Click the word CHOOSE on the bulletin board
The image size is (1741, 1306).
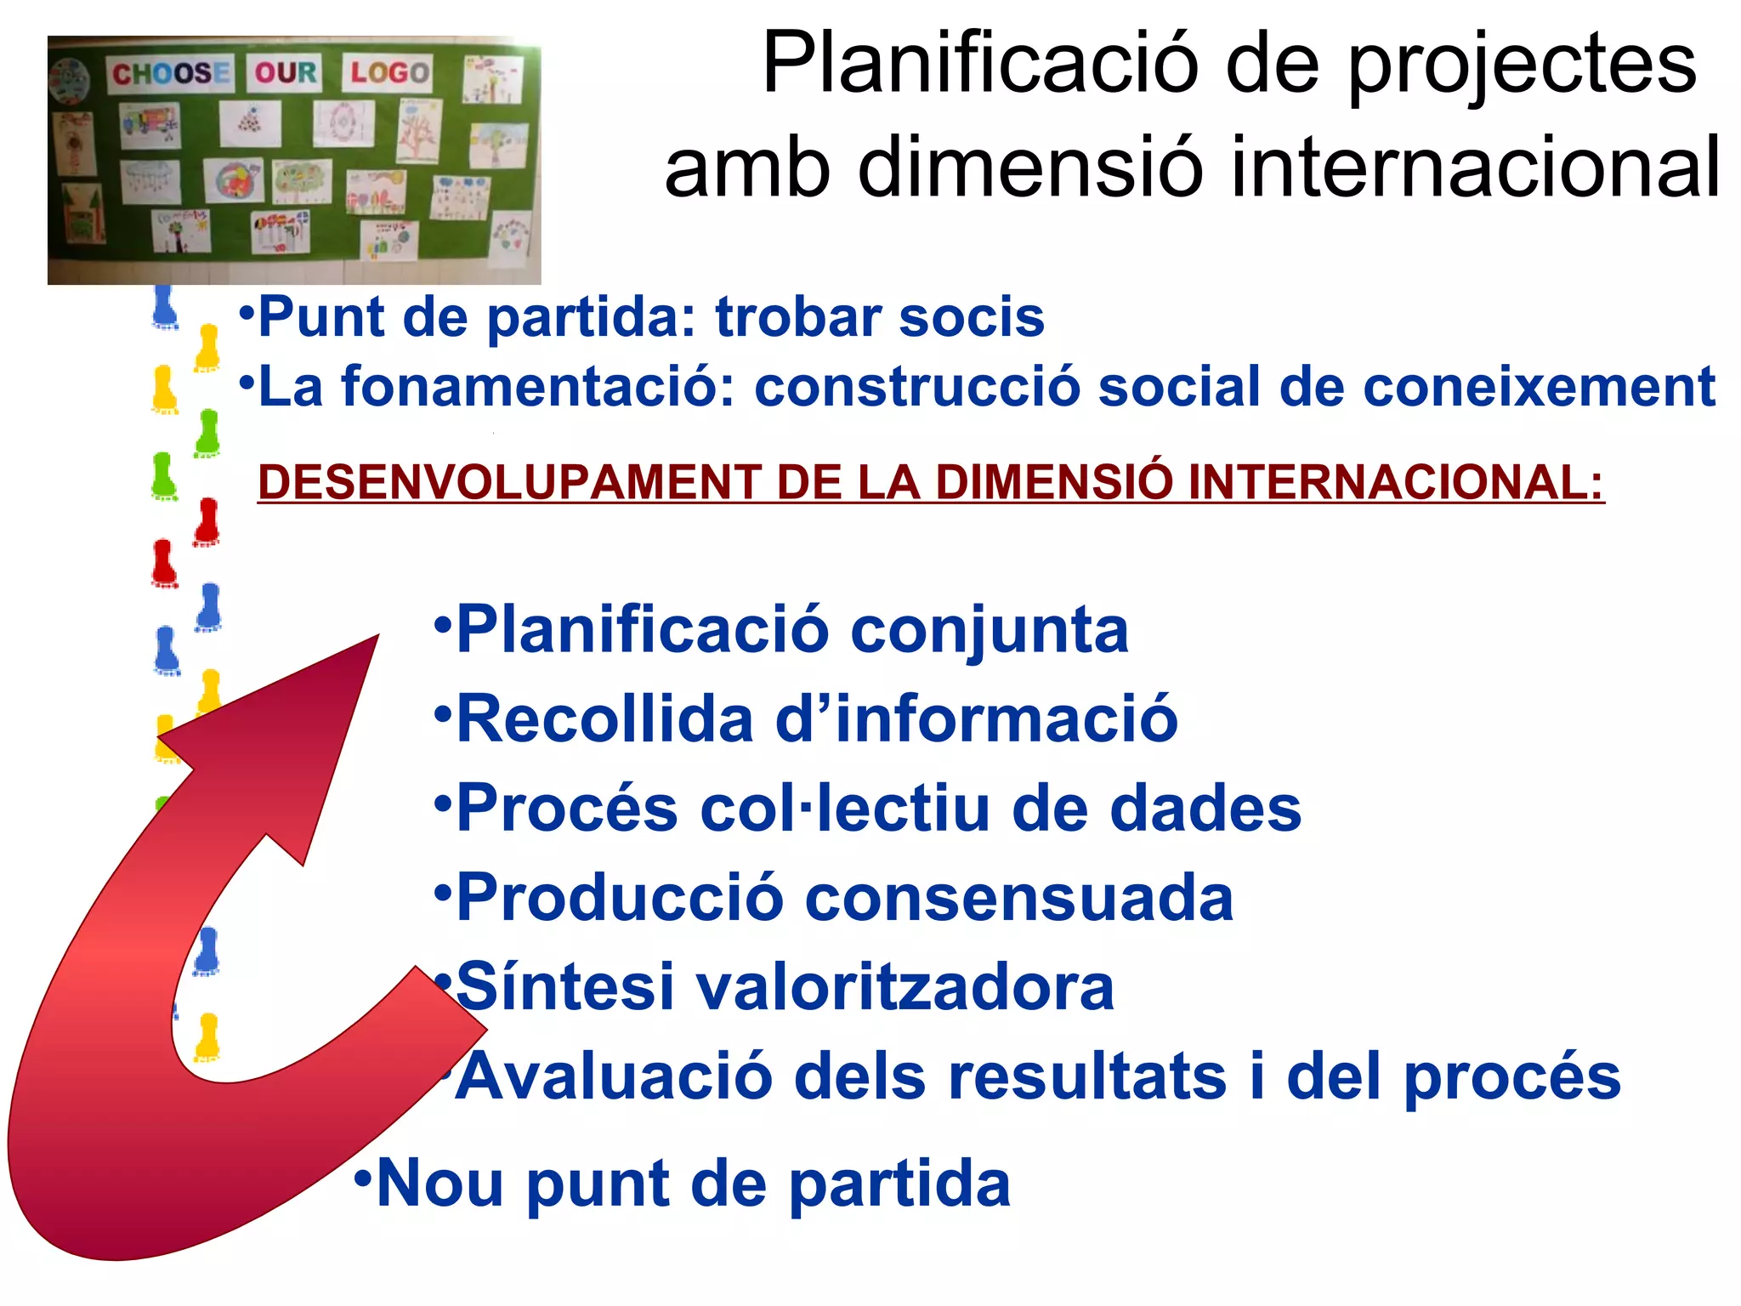click(170, 73)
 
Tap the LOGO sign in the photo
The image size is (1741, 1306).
click(388, 72)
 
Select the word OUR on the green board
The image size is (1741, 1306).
click(286, 72)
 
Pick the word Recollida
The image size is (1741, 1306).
click(604, 720)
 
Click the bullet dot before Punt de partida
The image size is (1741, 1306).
click(247, 310)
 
